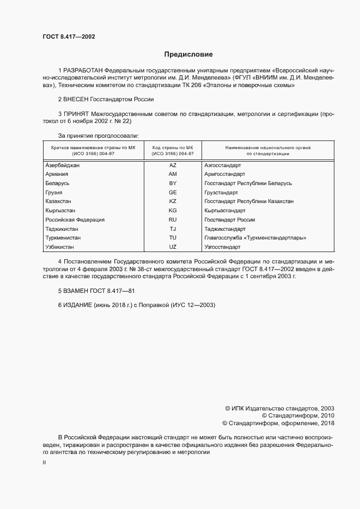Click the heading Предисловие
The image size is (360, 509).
188,54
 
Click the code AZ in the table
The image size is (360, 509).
173,165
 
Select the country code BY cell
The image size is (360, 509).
173,183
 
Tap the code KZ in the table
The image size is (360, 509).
173,201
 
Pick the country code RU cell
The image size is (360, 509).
173,220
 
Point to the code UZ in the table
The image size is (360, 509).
173,247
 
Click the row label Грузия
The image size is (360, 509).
54,193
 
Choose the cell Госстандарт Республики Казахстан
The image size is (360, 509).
248,201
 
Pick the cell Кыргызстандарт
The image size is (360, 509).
225,211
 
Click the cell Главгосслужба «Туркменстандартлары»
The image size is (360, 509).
255,238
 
